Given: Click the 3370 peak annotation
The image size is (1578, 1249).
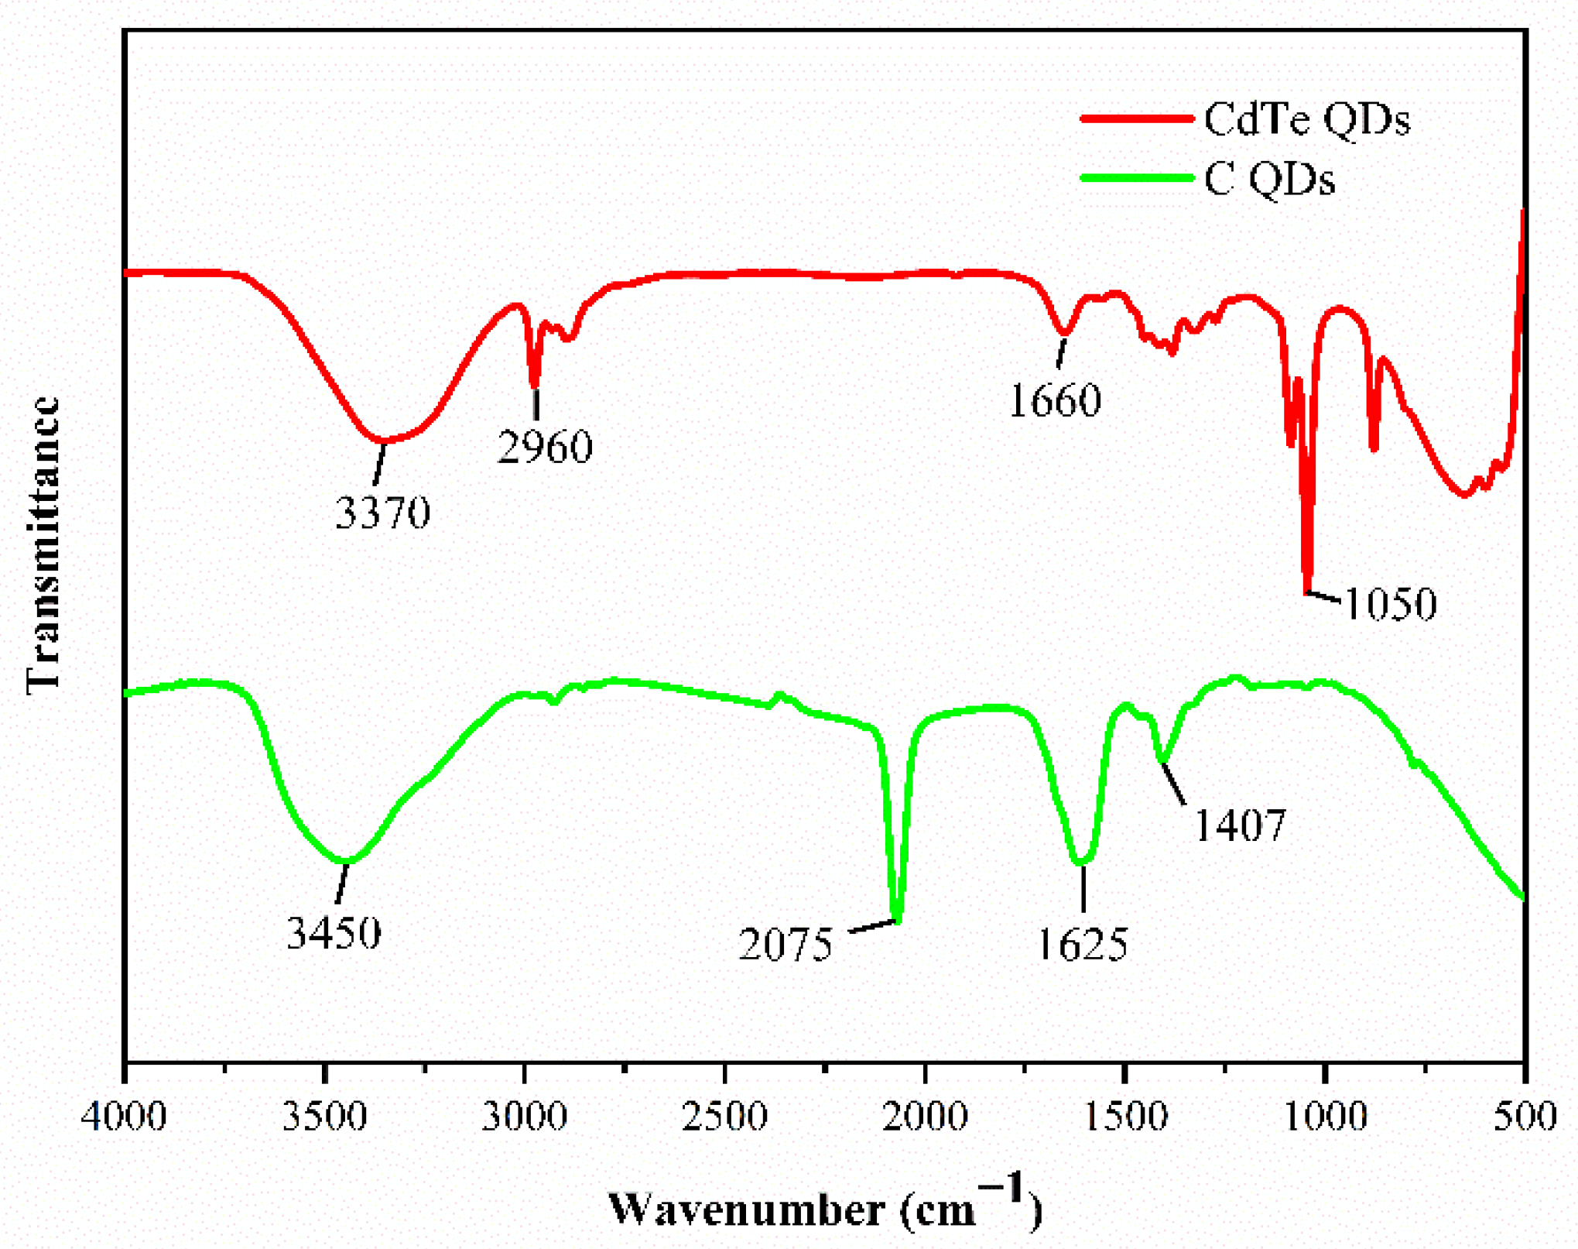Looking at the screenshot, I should [382, 513].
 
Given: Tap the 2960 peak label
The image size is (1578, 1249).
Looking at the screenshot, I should [545, 447].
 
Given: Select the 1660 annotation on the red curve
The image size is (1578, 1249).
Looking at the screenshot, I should [1055, 400].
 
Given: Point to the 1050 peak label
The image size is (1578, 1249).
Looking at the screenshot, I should [1390, 604].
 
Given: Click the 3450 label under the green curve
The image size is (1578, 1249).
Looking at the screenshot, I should [334, 933].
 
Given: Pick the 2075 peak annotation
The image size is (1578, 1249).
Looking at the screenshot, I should [786, 945].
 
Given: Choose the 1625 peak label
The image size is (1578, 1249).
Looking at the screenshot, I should [1081, 945].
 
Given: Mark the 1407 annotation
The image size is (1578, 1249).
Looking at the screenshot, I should [1241, 825].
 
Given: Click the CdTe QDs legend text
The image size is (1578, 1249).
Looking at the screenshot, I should [1307, 120].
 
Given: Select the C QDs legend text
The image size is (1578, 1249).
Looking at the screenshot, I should [1269, 180].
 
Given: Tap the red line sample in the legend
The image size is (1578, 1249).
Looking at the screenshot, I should [1136, 118].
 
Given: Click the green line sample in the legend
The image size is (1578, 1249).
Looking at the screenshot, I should [1136, 178].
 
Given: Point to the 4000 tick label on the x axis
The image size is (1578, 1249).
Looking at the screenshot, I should [124, 1117].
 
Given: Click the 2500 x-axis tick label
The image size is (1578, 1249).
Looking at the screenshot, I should [724, 1117].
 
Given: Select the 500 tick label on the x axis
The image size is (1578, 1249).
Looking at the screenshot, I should [1525, 1117].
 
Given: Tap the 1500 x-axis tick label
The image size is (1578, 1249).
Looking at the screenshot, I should [1125, 1117].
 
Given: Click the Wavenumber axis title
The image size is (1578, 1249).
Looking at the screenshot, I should [825, 1208].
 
